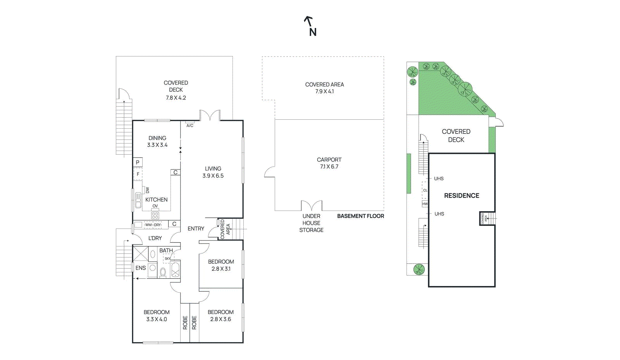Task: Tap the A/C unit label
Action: tap(190, 126)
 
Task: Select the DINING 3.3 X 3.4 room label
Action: tap(157, 141)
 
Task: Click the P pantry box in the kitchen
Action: tap(138, 162)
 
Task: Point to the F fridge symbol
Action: tap(138, 174)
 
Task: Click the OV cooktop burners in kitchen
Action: tap(155, 215)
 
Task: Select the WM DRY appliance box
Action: tap(153, 225)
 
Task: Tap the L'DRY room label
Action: tap(155, 238)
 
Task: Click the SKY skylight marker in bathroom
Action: tap(168, 258)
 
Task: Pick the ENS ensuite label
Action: tap(141, 268)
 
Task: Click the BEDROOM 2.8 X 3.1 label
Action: tap(221, 265)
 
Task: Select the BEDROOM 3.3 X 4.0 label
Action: tap(157, 315)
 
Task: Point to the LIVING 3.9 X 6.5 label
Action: tap(213, 172)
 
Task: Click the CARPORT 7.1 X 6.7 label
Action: tap(329, 163)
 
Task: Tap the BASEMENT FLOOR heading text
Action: tap(360, 216)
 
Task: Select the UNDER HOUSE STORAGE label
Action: tap(311, 223)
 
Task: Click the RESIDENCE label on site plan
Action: tap(462, 196)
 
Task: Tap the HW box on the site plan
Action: tap(425, 204)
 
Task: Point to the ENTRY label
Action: tap(196, 229)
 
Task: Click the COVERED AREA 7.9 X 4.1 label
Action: tap(324, 88)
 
